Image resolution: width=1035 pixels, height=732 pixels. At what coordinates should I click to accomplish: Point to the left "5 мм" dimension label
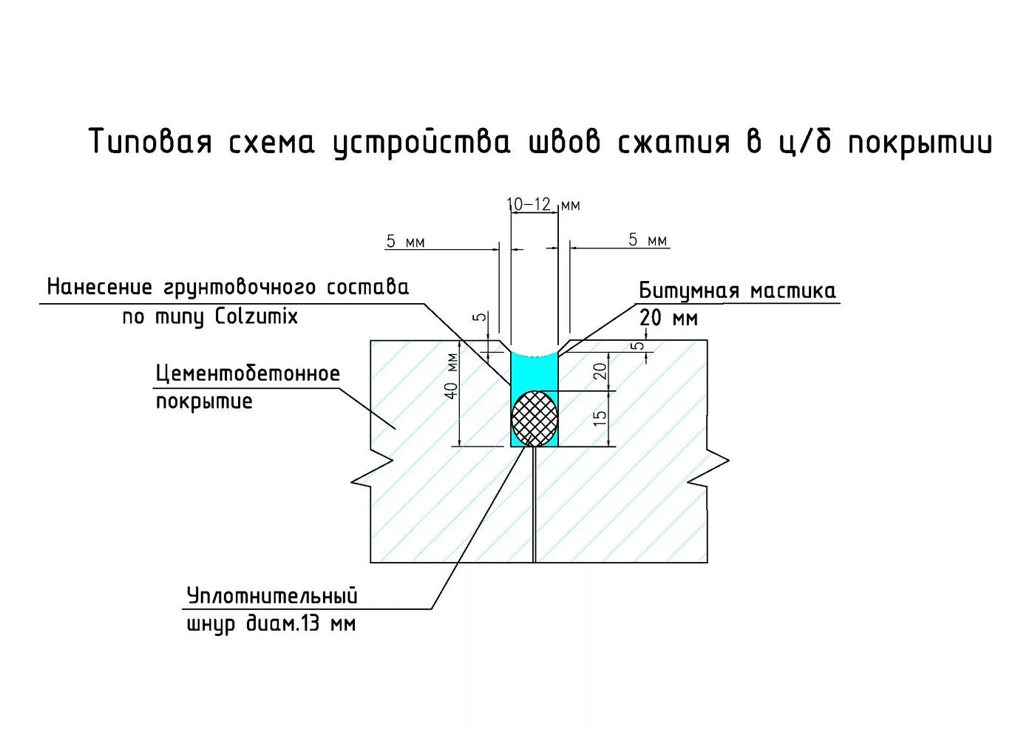click(x=405, y=242)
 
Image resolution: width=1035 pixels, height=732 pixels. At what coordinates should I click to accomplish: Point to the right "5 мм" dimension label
click(x=648, y=240)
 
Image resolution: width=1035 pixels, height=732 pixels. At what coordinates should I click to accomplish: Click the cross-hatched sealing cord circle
click(x=535, y=418)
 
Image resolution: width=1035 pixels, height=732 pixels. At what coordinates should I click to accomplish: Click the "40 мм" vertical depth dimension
click(x=452, y=376)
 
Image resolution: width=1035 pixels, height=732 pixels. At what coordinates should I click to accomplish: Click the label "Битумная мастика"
click(x=737, y=291)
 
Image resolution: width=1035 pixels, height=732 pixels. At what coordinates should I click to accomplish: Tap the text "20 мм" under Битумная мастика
click(x=668, y=318)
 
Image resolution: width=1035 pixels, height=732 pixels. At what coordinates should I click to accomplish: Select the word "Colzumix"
click(x=257, y=316)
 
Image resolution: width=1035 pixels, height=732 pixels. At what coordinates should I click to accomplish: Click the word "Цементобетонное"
click(x=248, y=373)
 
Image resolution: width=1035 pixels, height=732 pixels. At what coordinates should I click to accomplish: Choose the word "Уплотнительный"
click(x=272, y=595)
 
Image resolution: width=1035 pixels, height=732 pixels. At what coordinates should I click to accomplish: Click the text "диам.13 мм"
click(x=300, y=624)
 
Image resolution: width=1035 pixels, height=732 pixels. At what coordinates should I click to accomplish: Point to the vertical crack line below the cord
click(x=534, y=510)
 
